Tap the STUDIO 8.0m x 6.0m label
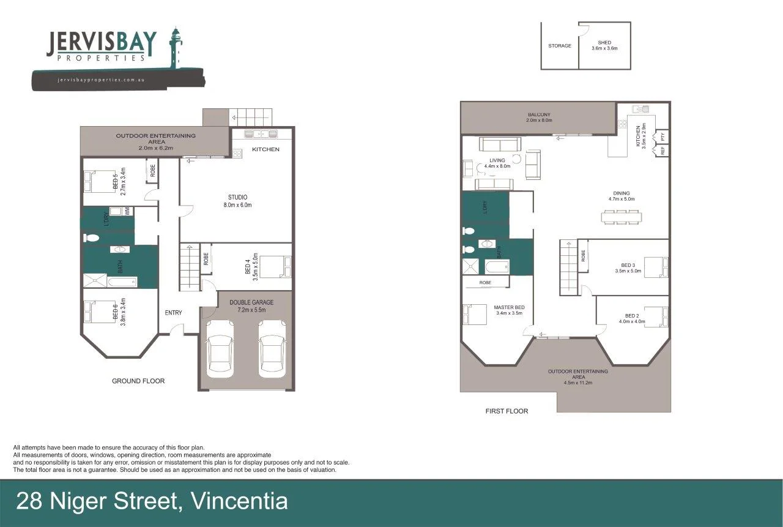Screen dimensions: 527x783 237,201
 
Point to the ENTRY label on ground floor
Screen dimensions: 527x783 173,313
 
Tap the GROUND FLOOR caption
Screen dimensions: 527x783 138,381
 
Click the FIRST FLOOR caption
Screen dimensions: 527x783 507,411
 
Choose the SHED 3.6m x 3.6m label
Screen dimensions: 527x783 604,45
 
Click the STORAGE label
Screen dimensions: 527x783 560,46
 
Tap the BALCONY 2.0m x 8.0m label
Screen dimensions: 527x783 539,118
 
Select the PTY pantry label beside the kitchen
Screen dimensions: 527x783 663,136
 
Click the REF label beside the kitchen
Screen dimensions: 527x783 663,151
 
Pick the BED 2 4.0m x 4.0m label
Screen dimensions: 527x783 632,318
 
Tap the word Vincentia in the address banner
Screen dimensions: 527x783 240,502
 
